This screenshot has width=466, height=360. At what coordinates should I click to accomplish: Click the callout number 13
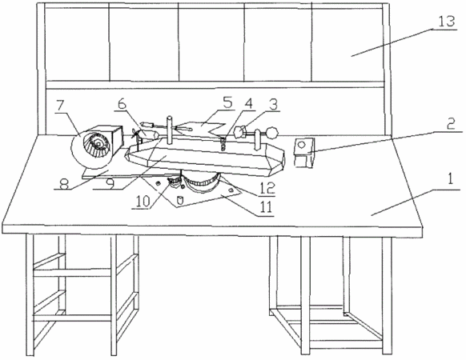tap(447, 22)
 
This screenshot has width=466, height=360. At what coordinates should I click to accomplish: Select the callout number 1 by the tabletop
tap(451, 179)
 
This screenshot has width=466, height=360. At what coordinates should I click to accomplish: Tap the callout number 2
tap(452, 123)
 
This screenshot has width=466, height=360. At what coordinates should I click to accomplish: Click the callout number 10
tap(143, 201)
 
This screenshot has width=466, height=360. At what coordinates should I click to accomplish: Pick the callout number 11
tap(265, 206)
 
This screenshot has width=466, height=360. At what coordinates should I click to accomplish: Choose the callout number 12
tap(267, 188)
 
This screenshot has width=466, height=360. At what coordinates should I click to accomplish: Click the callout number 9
tap(110, 184)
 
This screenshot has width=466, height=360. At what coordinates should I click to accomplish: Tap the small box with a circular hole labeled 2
tap(304, 152)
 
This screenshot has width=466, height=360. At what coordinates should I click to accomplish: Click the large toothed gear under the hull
tap(201, 182)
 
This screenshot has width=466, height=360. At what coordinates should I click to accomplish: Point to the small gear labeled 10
tap(174, 180)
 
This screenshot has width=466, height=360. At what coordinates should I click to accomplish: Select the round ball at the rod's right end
tap(271, 133)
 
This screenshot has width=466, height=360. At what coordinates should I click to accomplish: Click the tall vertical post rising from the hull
tap(170, 130)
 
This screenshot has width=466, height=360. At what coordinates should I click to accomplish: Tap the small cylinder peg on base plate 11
tap(179, 200)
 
